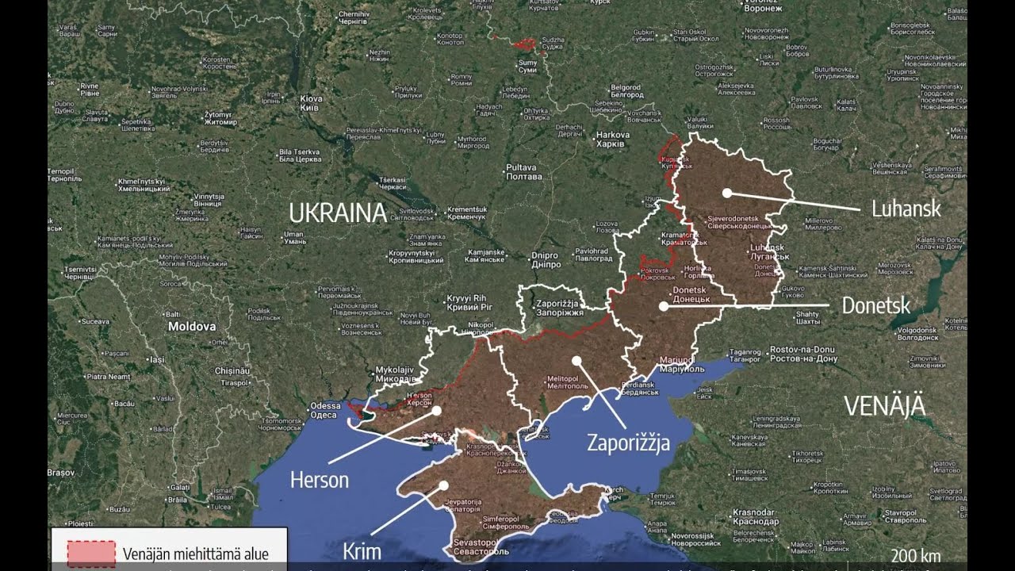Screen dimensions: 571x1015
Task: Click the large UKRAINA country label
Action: [x=337, y=213]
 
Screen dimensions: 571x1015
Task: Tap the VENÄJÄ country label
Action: [x=884, y=405]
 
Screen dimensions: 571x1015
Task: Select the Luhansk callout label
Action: [x=906, y=209]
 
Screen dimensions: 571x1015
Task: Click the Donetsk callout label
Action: [x=875, y=305]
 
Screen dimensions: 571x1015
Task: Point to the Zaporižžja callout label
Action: [x=628, y=443]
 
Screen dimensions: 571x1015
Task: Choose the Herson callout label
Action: [x=319, y=480]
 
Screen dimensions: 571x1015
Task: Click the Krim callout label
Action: [x=362, y=551]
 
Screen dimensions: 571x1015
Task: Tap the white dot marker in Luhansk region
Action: [x=726, y=193]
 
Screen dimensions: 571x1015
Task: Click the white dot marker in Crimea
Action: [x=443, y=485]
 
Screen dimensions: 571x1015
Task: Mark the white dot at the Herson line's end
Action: [x=436, y=410]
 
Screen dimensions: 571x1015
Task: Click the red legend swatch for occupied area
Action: [x=90, y=554]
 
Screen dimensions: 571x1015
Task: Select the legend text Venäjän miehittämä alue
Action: [x=195, y=554]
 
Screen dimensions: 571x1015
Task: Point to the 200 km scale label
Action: [x=916, y=554]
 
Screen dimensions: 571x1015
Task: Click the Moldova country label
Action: [x=191, y=326]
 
